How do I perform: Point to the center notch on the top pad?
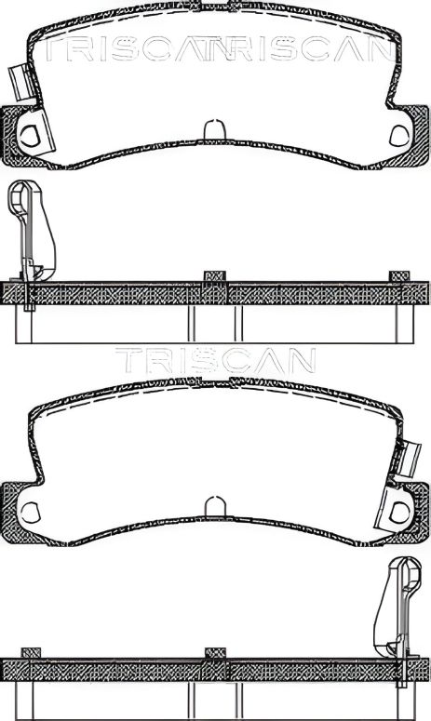pos(215,129)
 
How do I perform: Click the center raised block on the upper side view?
pos(215,276)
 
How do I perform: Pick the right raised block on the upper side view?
pos(399,275)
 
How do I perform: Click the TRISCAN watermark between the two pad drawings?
pos(215,360)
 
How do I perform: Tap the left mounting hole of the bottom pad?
pos(30,511)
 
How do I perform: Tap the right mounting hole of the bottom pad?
pos(400,511)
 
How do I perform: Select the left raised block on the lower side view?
pos(31,652)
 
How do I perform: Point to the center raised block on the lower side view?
pos(215,653)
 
